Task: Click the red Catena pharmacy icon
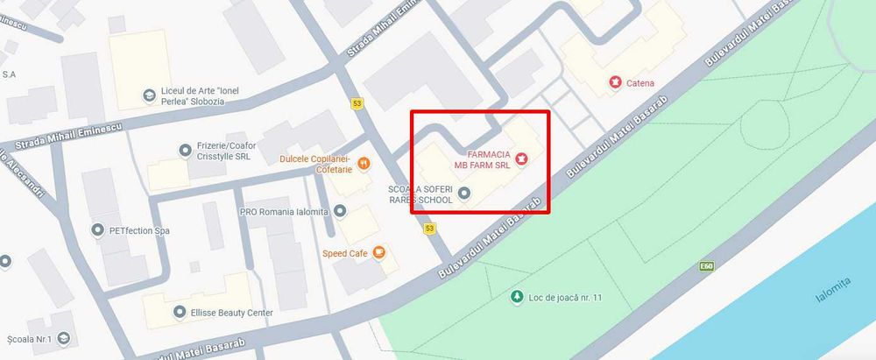coord(615,83)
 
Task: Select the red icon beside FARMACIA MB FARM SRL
coord(522,159)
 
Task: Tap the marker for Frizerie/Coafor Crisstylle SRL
coord(185,151)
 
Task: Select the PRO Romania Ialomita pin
coord(340,211)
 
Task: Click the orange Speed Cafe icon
coord(379,253)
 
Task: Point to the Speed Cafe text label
coord(344,253)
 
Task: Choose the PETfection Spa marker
coord(97,230)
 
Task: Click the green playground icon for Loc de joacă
coord(517,297)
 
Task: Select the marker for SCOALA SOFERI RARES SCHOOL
coord(464,194)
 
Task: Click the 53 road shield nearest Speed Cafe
coord(428,229)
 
